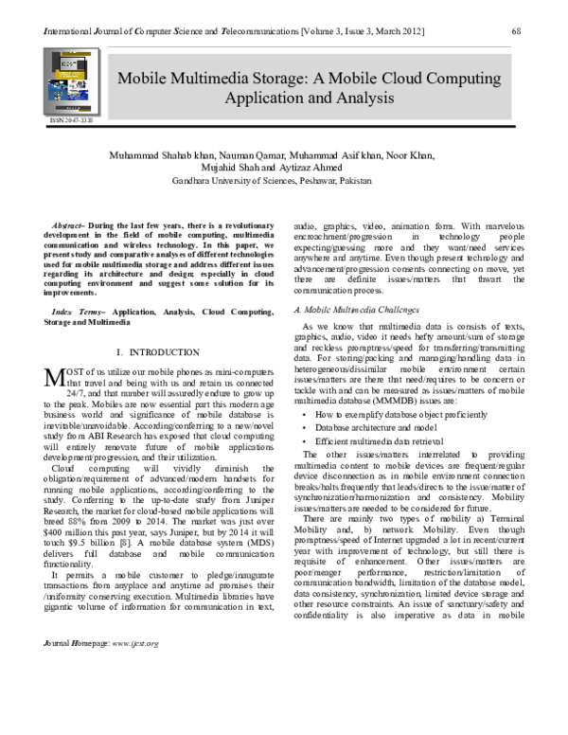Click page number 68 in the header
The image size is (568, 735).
517,31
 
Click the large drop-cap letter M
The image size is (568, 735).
53,351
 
